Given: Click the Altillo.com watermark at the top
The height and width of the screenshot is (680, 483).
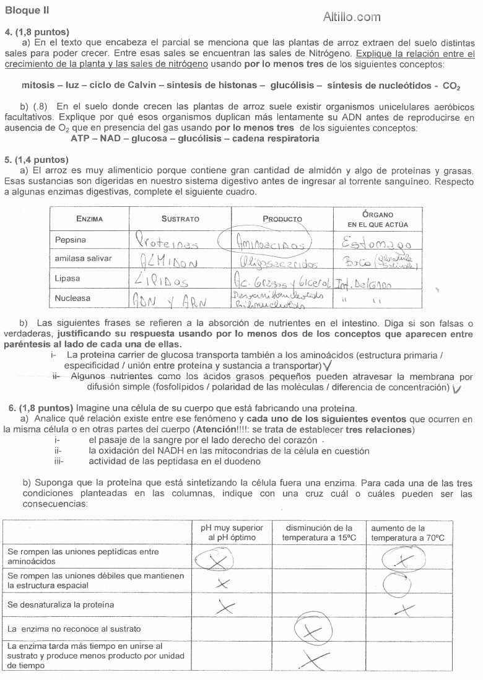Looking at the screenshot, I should [x=352, y=17].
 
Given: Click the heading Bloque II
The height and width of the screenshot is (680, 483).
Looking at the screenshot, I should [x=27, y=10].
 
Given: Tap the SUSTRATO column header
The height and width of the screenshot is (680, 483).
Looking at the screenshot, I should [x=180, y=219].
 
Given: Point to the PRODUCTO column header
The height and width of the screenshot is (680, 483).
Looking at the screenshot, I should [x=282, y=219].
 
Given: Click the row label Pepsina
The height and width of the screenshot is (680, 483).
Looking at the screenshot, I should [x=71, y=240].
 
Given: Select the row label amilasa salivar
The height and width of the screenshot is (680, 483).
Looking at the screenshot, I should [x=83, y=258].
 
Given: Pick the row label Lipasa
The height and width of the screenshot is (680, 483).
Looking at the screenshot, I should [x=67, y=278].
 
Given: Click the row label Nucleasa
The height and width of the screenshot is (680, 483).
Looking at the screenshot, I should [x=72, y=298].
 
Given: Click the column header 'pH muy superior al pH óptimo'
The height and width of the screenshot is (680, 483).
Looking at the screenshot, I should [x=232, y=533].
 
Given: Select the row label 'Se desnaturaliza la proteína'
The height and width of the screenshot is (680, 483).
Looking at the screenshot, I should [x=61, y=604].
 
